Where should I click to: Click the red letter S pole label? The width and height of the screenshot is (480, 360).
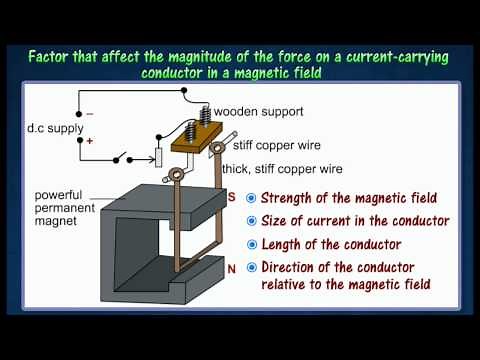(x=233, y=197)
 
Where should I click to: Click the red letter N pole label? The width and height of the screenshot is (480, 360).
(x=233, y=269)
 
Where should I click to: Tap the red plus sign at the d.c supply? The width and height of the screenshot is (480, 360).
(x=90, y=142)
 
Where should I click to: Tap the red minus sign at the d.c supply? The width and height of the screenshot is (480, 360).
(x=89, y=114)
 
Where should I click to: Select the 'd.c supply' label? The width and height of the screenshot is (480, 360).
(x=50, y=128)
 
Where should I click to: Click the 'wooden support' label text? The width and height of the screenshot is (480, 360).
(x=259, y=111)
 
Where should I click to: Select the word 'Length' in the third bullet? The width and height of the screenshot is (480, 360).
(x=282, y=245)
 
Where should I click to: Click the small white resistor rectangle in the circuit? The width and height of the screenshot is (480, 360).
(x=158, y=158)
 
